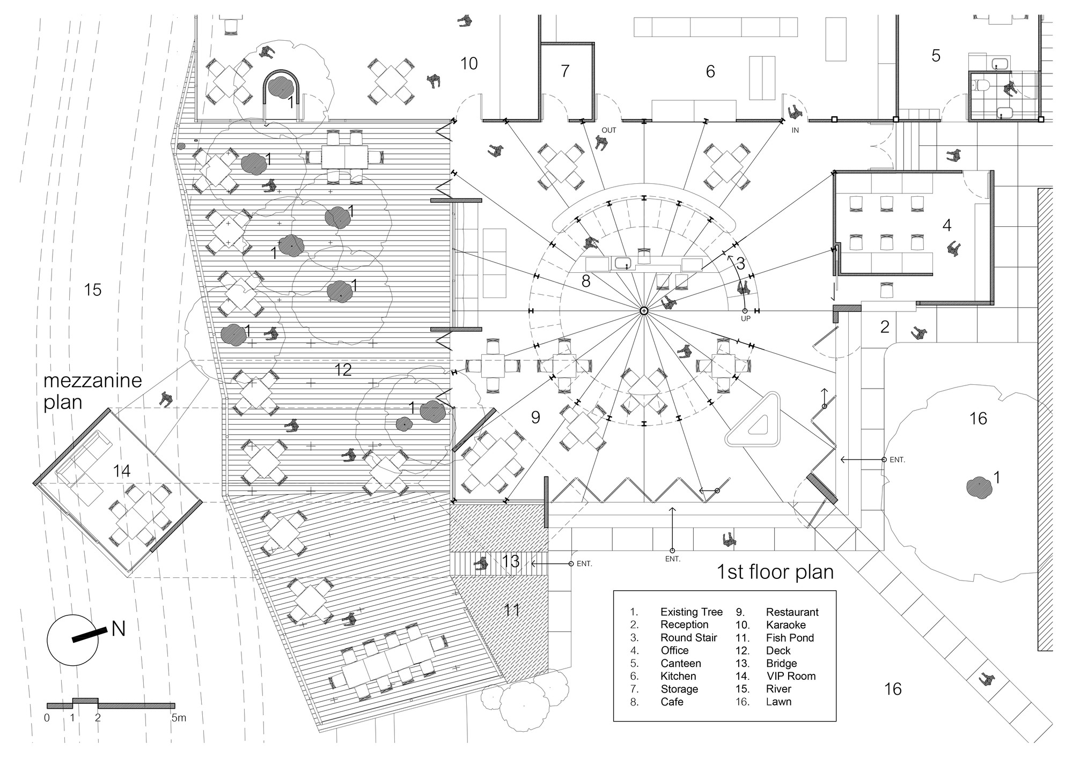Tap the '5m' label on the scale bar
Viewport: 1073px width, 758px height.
tap(179, 718)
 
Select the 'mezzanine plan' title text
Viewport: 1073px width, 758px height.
tap(92, 391)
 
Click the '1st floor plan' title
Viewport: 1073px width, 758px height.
tap(775, 571)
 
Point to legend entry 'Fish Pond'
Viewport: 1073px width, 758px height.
tap(790, 638)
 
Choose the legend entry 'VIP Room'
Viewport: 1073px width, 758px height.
tap(791, 676)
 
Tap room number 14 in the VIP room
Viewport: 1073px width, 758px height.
tap(122, 471)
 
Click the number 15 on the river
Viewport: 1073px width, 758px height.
tap(93, 290)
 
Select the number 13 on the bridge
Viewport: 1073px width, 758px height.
tap(511, 561)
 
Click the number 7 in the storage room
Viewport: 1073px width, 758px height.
tap(564, 71)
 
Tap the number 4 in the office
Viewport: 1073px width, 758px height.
tap(947, 226)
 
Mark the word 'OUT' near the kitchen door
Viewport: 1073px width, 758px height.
tap(609, 130)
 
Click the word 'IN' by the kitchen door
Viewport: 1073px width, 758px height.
tap(795, 130)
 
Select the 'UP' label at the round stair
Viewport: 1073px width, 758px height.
tap(745, 318)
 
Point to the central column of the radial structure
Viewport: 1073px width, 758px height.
tap(644, 311)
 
